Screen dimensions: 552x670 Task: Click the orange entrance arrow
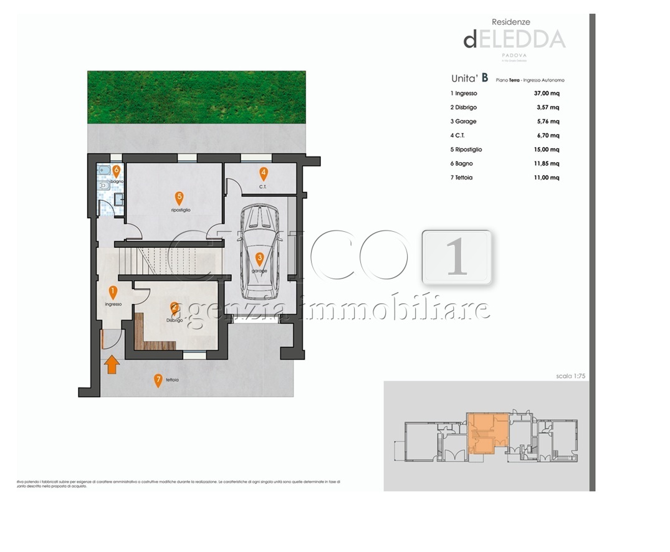point(112,364)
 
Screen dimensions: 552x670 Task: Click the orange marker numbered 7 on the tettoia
point(158,380)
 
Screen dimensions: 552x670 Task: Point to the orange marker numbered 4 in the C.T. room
point(264,174)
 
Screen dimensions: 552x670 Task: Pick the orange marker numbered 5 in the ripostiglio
point(179,198)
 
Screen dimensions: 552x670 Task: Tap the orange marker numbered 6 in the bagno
point(116,169)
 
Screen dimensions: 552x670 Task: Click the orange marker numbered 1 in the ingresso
point(113,292)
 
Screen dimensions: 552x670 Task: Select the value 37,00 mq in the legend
point(547,93)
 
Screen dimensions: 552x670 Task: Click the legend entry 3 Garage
point(463,121)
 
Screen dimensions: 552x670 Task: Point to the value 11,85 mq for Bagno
point(547,164)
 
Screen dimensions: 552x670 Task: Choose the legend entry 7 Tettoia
point(462,178)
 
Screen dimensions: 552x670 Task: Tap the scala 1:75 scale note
point(572,376)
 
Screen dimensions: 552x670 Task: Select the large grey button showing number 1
point(457,257)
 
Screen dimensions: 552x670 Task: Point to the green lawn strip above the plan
point(196,97)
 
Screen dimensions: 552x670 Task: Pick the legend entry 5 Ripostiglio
point(466,150)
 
